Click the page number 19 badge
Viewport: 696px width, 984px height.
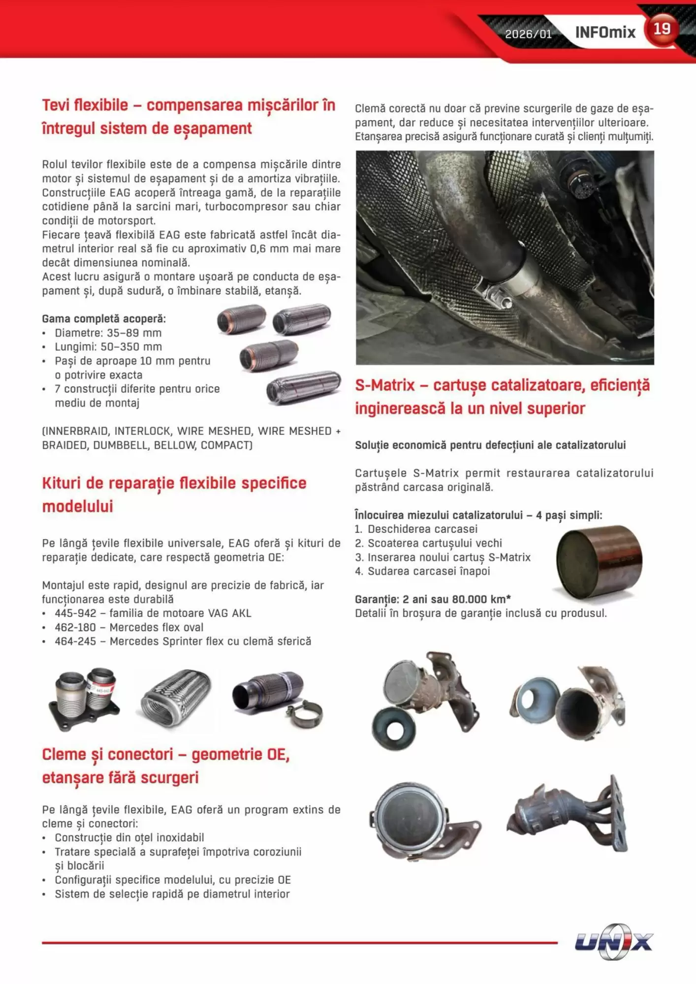pyautogui.click(x=662, y=30)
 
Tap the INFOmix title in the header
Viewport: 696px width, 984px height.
pyautogui.click(x=605, y=32)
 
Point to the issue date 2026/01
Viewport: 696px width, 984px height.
pyautogui.click(x=528, y=34)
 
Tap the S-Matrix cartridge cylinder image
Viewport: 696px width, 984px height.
pyautogui.click(x=599, y=562)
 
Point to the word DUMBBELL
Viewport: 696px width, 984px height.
pyautogui.click(x=121, y=446)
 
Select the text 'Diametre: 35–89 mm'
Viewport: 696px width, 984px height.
pyautogui.click(x=108, y=333)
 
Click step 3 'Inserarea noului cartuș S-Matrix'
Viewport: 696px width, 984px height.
pyautogui.click(x=449, y=557)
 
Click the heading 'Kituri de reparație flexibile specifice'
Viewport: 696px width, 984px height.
pyautogui.click(x=174, y=483)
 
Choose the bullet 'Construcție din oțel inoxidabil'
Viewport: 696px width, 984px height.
pyautogui.click(x=129, y=838)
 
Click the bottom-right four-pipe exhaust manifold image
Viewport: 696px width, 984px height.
pyautogui.click(x=569, y=814)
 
